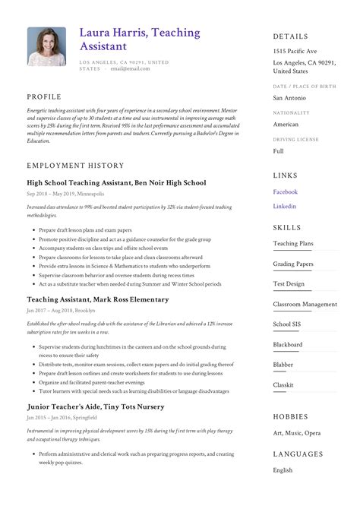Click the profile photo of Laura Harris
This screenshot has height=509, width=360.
coord(46,47)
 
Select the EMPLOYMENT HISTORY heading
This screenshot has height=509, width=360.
coord(74,165)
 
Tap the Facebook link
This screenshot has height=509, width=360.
coord(286,192)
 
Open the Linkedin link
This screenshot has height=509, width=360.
coord(285,206)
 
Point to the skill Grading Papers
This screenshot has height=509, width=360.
coord(293,264)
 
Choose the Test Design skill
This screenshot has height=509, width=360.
coord(289,284)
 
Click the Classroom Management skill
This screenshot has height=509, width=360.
coord(305,304)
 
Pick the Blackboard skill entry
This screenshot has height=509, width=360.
coord(288,344)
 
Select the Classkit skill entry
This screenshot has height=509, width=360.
coord(283,384)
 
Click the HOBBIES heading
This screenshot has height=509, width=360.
coord(291,417)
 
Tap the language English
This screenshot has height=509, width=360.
coord(283,470)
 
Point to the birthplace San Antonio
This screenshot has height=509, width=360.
coord(289,98)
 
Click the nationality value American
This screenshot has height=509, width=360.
coord(286,125)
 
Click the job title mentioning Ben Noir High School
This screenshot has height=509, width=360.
coord(116,183)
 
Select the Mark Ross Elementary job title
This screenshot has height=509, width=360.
coord(98,299)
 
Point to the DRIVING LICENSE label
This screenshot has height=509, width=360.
coord(297,140)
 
